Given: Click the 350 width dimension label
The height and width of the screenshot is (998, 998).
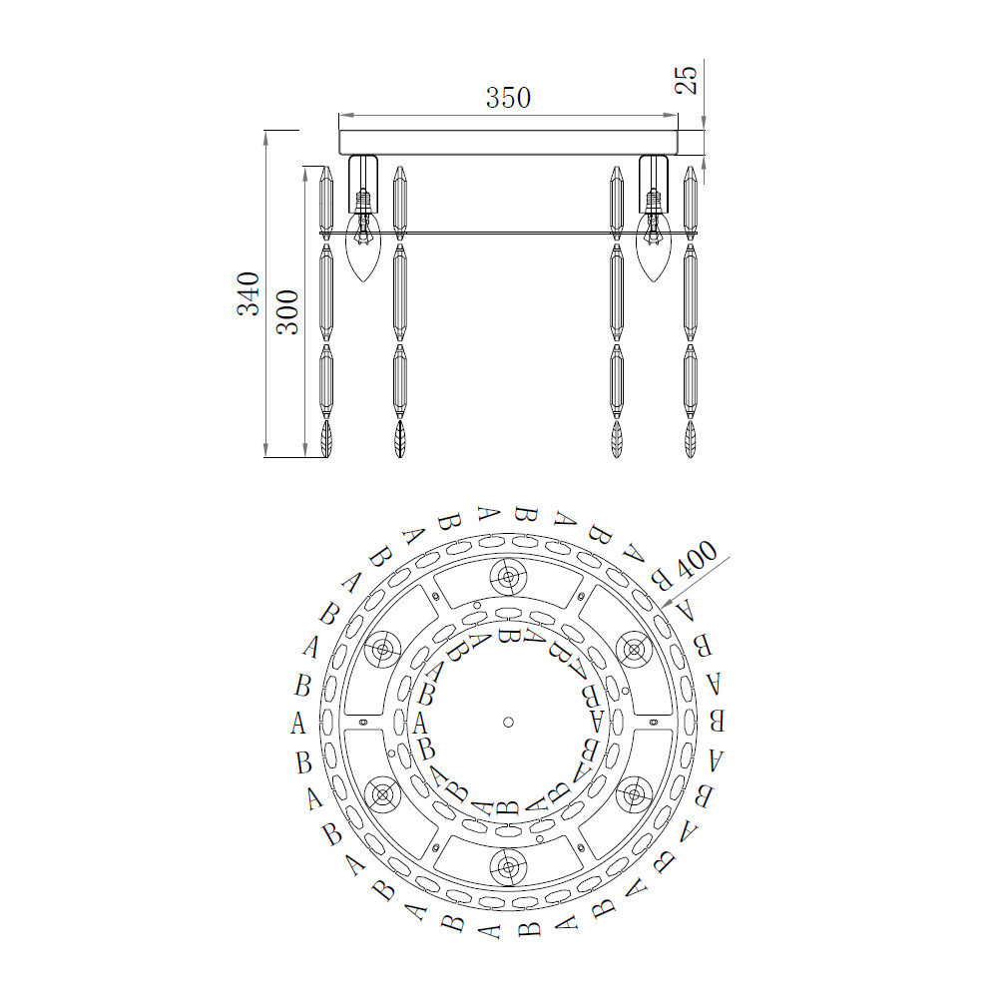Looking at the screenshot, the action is pyautogui.click(x=508, y=98).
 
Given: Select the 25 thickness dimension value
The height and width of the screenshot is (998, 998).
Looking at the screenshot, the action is pyautogui.click(x=687, y=80).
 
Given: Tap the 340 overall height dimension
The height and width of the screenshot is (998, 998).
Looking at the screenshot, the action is pyautogui.click(x=249, y=293).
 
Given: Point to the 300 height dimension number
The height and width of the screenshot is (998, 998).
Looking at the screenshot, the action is pyautogui.click(x=287, y=311).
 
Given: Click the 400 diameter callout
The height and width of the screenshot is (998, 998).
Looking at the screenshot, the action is pyautogui.click(x=696, y=560).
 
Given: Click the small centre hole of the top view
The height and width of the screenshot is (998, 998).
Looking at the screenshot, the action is pyautogui.click(x=508, y=722).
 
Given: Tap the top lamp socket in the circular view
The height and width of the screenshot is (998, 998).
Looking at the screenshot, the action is pyautogui.click(x=508, y=578).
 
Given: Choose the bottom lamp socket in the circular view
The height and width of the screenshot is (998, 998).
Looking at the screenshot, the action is pyautogui.click(x=508, y=866).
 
